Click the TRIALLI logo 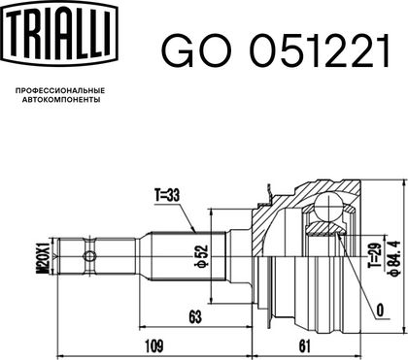[x=59, y=32]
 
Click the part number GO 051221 [x=275, y=51]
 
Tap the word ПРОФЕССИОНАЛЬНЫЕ [x=60, y=91]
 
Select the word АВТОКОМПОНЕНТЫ [x=61, y=100]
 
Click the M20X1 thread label [x=45, y=256]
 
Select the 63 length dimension [x=195, y=317]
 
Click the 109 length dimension [x=153, y=346]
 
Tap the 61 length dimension [x=305, y=346]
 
